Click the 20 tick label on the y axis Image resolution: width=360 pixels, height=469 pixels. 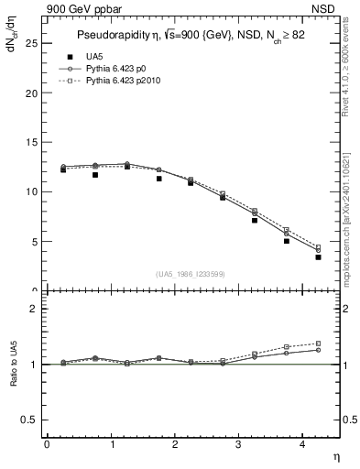[x=31, y=93]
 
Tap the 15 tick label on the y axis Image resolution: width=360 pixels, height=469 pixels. [x=31, y=142]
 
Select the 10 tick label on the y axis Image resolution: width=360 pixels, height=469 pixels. [x=31, y=191]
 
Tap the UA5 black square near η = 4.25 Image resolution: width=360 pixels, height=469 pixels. [x=318, y=257]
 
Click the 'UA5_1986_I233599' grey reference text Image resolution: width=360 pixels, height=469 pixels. [x=189, y=275]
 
